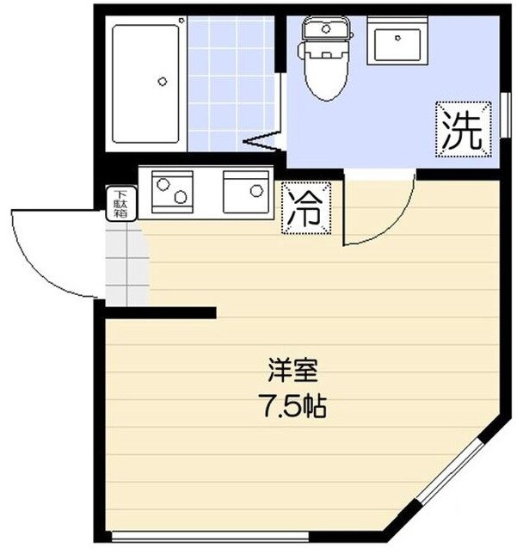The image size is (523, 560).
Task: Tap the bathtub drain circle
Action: [x=162, y=83]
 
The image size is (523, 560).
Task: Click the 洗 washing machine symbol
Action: [x=461, y=128]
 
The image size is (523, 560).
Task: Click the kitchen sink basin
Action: [x=247, y=191]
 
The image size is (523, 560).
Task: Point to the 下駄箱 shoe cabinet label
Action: [x=119, y=206]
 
